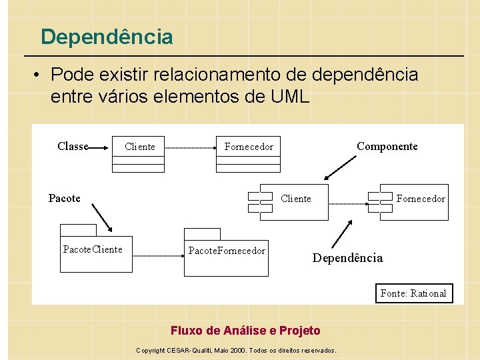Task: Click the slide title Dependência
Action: [x=107, y=37]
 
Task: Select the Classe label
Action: [x=73, y=146]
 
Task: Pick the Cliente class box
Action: [x=138, y=155]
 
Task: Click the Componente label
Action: [x=387, y=146]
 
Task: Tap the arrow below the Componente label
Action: [x=340, y=168]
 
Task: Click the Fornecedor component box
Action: [x=411, y=201]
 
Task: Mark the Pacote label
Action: [x=65, y=198]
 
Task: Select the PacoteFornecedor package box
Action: [x=226, y=255]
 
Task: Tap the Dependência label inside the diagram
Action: [x=348, y=258]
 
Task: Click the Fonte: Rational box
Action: [x=413, y=293]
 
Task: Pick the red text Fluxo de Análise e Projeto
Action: [x=245, y=331]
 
